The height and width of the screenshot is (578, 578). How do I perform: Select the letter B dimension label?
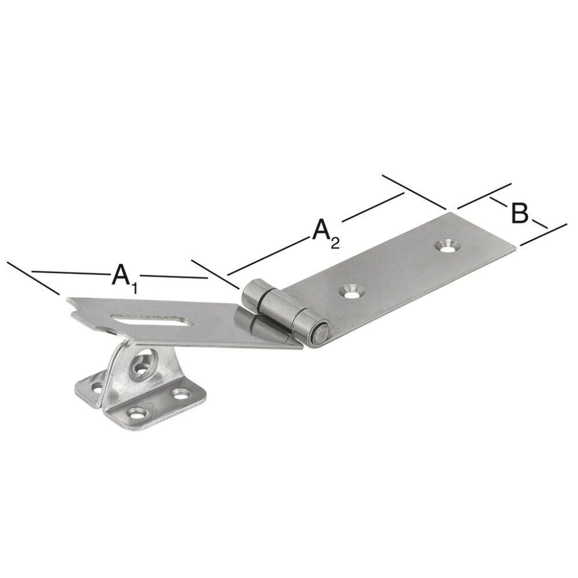[x=518, y=213]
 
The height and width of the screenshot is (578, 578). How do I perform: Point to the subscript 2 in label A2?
[x=335, y=242]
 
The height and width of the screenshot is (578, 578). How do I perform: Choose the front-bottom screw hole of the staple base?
[x=138, y=413]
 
